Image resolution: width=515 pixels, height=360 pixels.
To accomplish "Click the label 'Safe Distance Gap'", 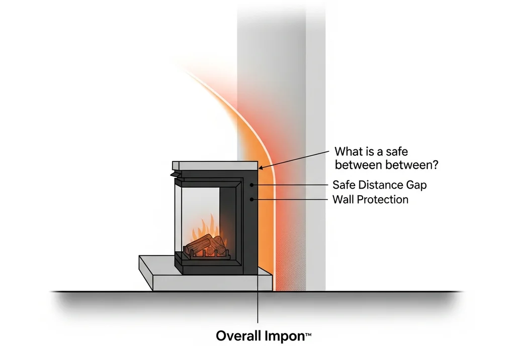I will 380,185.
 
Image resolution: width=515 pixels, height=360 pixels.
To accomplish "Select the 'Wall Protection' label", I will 371,200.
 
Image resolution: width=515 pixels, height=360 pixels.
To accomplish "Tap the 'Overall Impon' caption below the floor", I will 264,335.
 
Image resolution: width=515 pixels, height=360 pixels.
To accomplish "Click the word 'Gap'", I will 416,185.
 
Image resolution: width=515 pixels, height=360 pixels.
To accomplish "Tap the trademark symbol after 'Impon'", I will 308,333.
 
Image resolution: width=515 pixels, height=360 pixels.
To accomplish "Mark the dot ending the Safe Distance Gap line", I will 252,185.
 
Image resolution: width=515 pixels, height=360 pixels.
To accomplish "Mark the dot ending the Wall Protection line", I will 252,200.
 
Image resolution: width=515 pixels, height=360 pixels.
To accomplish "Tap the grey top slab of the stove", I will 215,165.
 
